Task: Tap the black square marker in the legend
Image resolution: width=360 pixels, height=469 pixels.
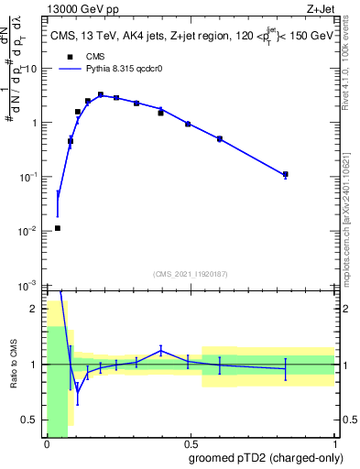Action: pyautogui.click(x=67, y=82)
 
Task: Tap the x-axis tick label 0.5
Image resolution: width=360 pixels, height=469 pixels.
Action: pyautogui.click(x=191, y=446)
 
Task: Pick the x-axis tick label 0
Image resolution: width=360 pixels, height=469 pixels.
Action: pyautogui.click(x=47, y=446)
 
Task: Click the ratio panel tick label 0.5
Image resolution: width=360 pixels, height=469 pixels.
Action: pyautogui.click(x=29, y=420)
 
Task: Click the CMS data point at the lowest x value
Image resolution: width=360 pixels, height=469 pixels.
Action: pyautogui.click(x=58, y=228)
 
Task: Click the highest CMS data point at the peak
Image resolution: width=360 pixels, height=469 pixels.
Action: pyautogui.click(x=101, y=94)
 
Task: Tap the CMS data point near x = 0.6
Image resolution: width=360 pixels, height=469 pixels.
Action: pyautogui.click(x=220, y=138)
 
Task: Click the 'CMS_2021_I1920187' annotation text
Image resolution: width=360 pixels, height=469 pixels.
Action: pyautogui.click(x=191, y=273)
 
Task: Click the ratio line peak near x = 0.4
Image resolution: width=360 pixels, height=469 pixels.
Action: pyautogui.click(x=161, y=350)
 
